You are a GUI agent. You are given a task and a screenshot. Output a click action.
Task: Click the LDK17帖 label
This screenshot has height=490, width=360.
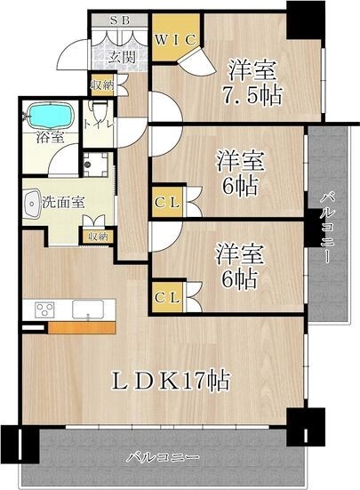click(172, 382)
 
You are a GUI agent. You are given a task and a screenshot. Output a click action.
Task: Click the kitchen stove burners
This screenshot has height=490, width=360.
click(44, 309)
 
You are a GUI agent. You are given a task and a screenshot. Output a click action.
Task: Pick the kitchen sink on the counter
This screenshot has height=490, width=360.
click(87, 309)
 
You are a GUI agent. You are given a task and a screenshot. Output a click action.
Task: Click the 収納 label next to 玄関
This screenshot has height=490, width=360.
click(101, 85)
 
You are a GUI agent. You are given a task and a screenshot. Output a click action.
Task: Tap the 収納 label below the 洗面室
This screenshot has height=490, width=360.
click(98, 237)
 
